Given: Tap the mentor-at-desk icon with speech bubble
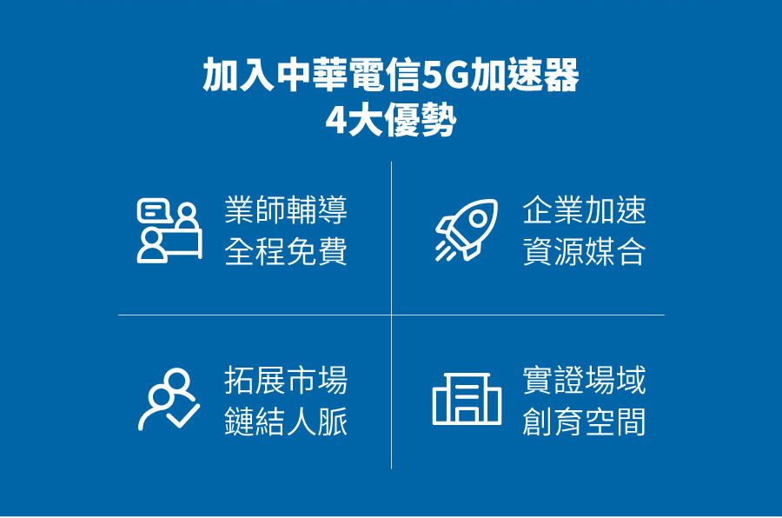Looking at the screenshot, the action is click(x=169, y=230).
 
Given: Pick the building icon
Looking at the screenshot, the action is click(x=467, y=399).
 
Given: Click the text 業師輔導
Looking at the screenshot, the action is click(x=286, y=210).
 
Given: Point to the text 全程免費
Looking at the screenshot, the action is click(x=286, y=251).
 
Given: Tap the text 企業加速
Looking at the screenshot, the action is click(x=584, y=210).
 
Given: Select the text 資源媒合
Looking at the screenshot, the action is click(x=584, y=251).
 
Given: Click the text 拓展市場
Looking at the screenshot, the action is click(x=286, y=381).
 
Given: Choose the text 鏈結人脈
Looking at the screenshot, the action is click(x=286, y=422).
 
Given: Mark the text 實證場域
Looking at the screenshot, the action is click(x=584, y=381).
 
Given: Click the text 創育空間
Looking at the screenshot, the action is click(x=584, y=422).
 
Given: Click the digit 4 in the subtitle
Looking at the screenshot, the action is click(x=335, y=120).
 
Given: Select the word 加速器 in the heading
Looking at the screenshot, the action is click(x=525, y=75).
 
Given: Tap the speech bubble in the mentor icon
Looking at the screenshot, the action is click(x=155, y=210).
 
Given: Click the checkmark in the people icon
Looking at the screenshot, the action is click(x=183, y=414).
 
